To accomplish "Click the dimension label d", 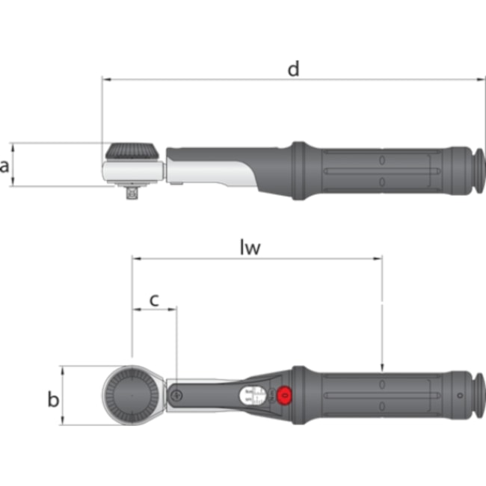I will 293,69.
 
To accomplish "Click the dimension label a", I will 6,165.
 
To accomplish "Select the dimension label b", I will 53,399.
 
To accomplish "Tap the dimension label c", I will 154,299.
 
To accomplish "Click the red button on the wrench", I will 284,396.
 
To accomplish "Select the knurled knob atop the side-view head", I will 133,151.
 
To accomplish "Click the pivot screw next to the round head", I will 176,395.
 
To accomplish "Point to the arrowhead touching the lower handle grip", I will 382,366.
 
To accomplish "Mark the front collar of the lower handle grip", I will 298,396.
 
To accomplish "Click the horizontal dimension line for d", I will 224,79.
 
